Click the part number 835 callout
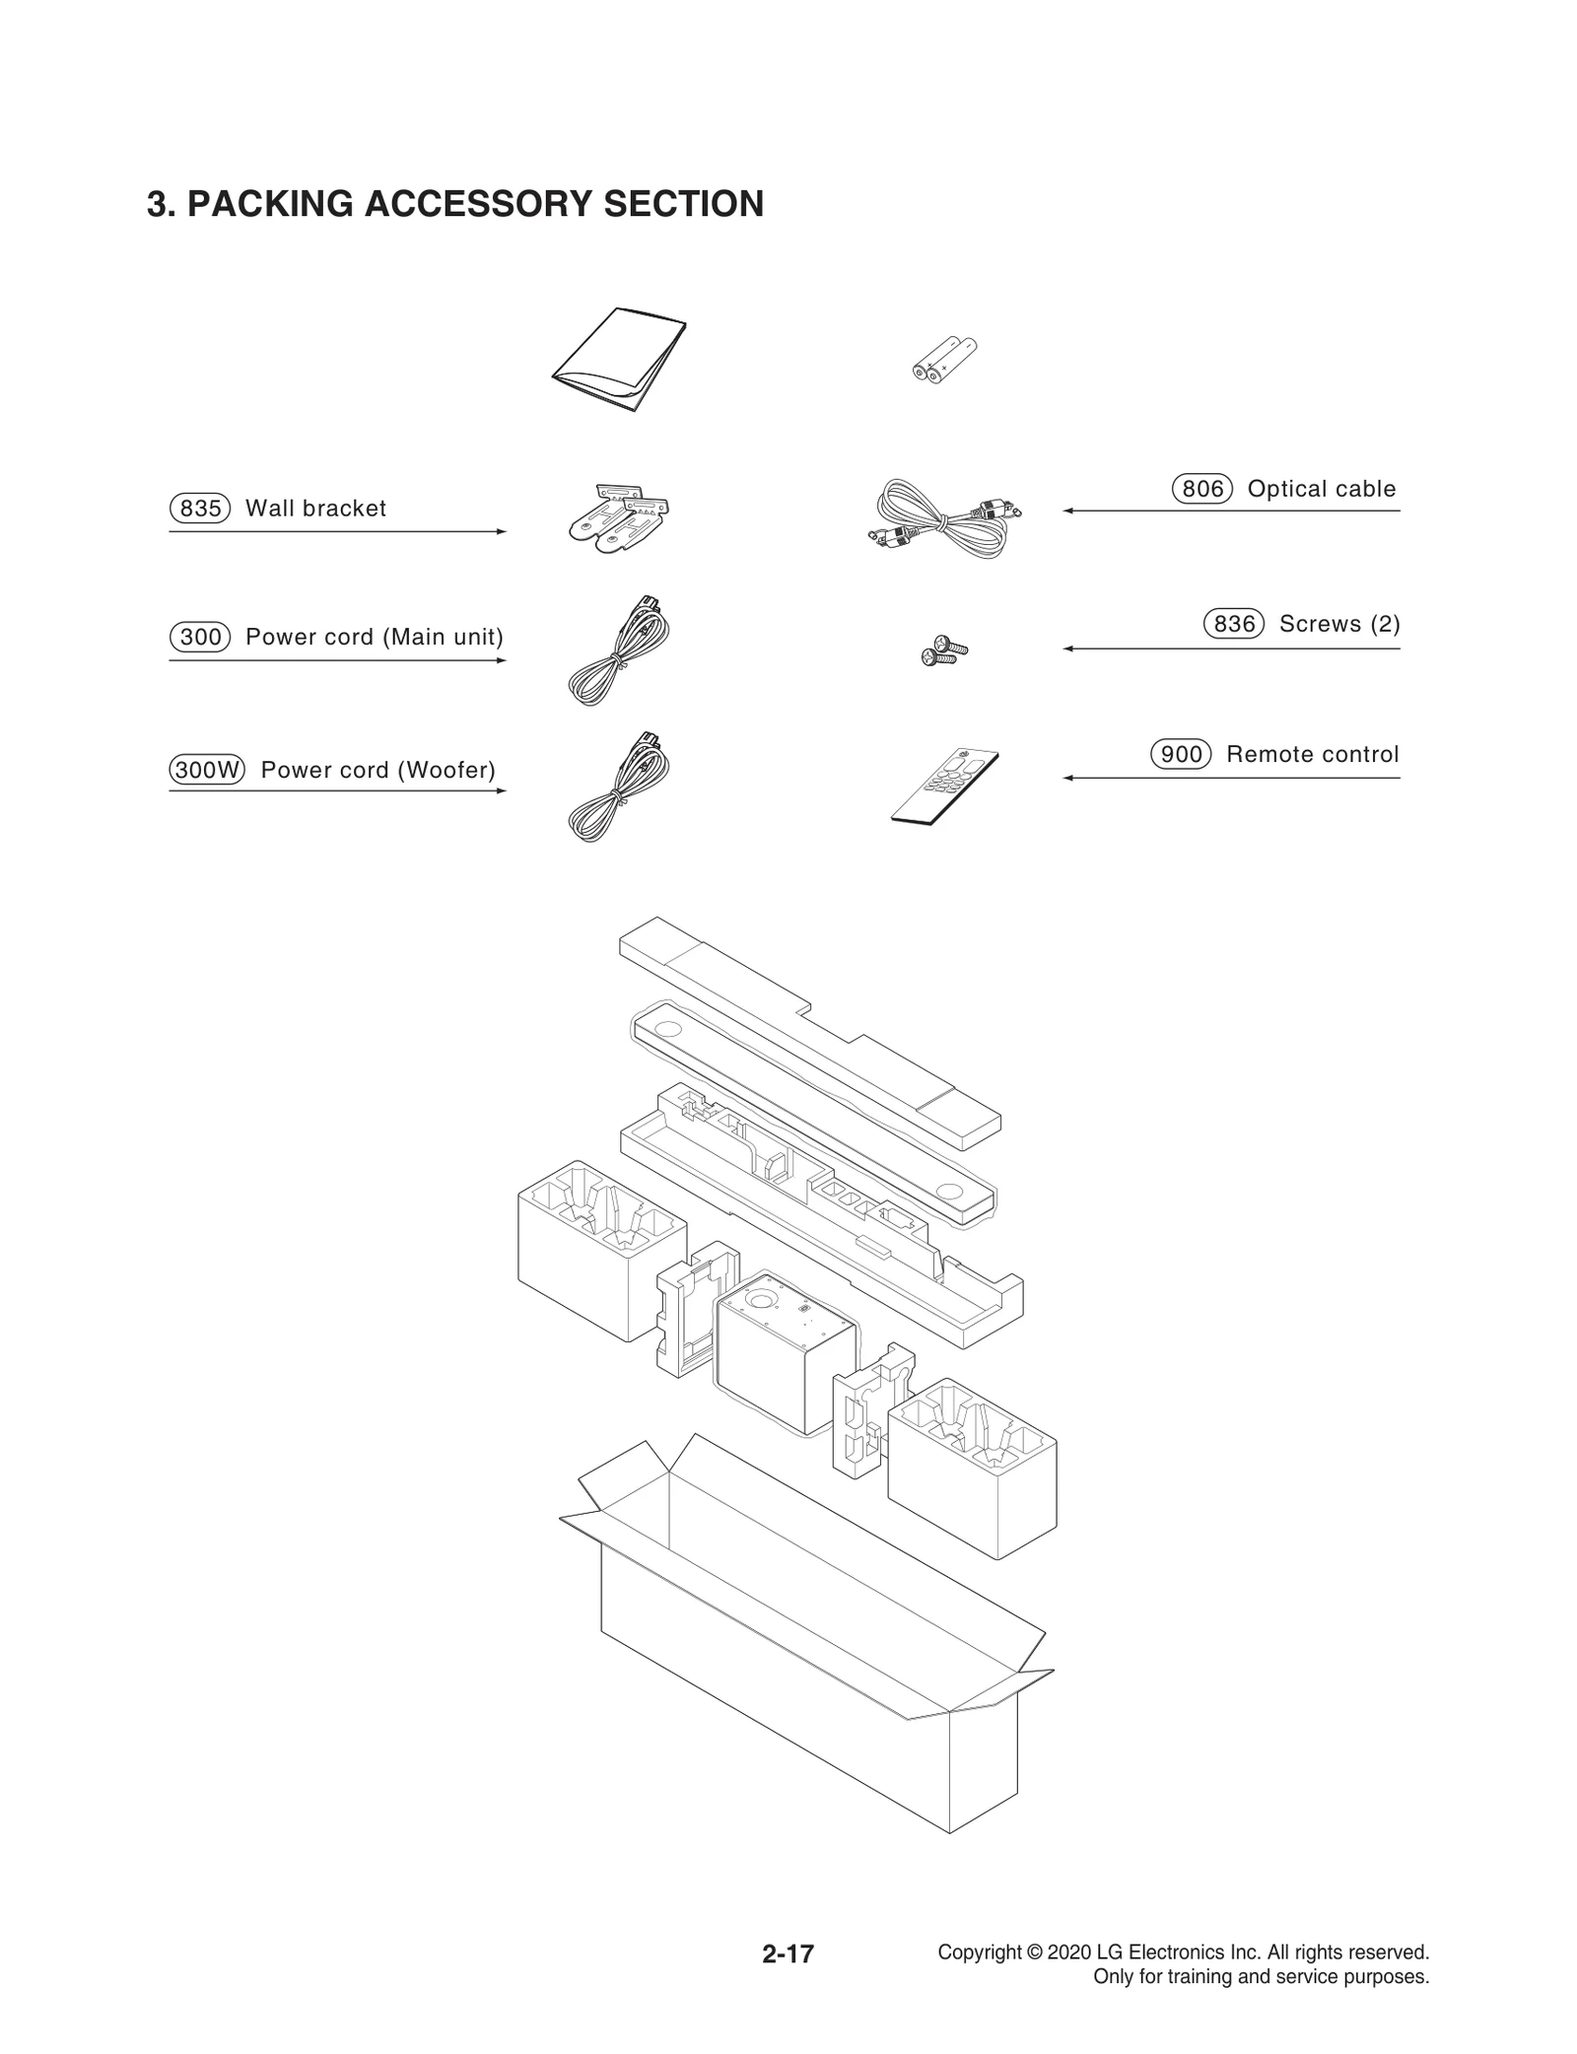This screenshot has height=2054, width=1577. pyautogui.click(x=200, y=509)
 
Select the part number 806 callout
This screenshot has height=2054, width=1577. pyautogui.click(x=1202, y=489)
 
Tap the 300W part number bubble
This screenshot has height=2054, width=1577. pyautogui.click(x=207, y=770)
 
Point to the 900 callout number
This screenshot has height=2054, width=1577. pyautogui.click(x=1181, y=754)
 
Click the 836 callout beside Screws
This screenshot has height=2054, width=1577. pyautogui.click(x=1234, y=624)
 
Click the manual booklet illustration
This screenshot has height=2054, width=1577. pyautogui.click(x=619, y=360)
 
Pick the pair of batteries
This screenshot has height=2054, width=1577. pyautogui.click(x=943, y=360)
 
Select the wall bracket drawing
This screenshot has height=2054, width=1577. pyautogui.click(x=618, y=513)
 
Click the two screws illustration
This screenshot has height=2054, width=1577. pyautogui.click(x=943, y=651)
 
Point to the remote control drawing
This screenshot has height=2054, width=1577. pyautogui.click(x=944, y=785)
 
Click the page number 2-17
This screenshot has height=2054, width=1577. pyautogui.click(x=788, y=1953)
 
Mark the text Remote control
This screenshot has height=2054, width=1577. pyautogui.click(x=1312, y=754)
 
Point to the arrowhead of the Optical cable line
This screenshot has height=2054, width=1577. pyautogui.click(x=1067, y=511)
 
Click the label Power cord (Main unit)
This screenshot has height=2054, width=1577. pyautogui.click(x=374, y=637)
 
